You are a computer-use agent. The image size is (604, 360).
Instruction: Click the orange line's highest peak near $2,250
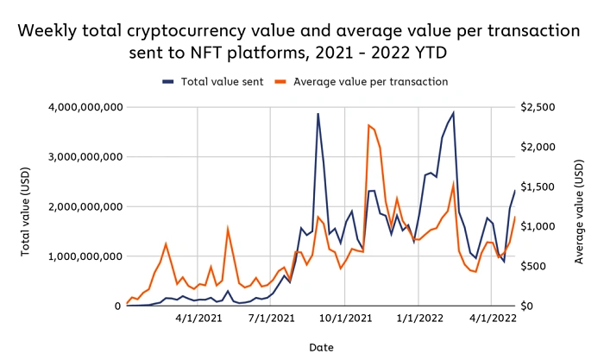pyautogui.click(x=368, y=125)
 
